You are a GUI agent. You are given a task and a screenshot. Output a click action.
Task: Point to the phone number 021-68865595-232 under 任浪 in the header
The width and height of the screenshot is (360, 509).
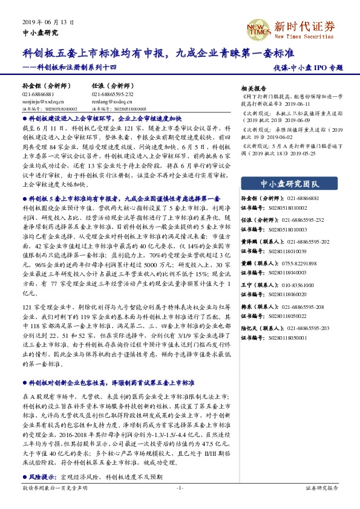(113, 95)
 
